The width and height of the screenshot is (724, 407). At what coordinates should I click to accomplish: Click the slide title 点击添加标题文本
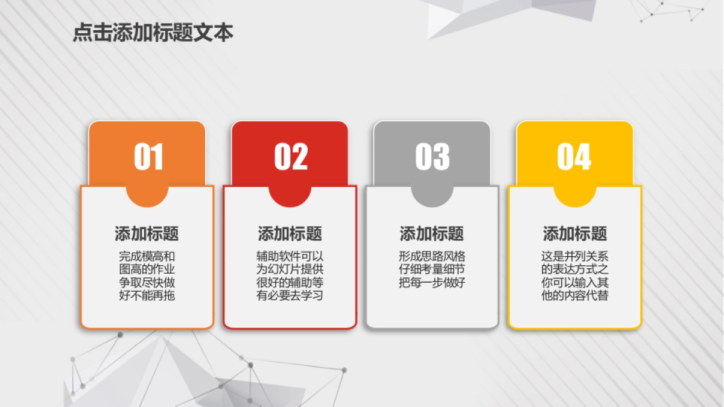click(153, 33)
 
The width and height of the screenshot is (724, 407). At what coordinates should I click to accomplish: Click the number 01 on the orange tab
click(148, 157)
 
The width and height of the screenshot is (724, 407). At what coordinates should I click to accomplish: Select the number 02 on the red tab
click(291, 157)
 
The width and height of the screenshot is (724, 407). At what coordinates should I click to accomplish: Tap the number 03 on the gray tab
click(433, 157)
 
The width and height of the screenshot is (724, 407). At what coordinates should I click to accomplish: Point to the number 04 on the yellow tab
click(574, 157)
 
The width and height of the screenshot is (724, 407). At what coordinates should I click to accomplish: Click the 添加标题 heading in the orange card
click(147, 234)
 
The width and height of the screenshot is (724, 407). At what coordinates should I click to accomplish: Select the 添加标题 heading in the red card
click(290, 234)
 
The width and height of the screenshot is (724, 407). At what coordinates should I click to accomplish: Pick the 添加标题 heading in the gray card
click(432, 234)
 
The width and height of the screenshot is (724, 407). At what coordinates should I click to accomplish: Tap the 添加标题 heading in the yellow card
click(575, 234)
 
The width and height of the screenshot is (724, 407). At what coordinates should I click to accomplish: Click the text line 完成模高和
click(147, 256)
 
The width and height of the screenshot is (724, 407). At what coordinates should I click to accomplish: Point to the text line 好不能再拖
click(147, 296)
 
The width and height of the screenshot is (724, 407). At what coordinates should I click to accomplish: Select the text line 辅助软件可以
click(290, 256)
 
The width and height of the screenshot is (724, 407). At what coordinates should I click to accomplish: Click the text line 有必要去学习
click(290, 296)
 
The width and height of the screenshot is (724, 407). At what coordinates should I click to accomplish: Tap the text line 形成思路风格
click(432, 256)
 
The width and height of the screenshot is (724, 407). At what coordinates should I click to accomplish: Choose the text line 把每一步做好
click(432, 283)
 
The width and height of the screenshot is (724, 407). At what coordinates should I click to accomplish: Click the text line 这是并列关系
click(575, 256)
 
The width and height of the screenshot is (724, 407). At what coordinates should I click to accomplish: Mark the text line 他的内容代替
click(575, 296)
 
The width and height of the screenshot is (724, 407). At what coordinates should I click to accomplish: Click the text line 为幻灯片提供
click(290, 270)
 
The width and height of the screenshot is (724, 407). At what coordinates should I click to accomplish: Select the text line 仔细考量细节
click(432, 270)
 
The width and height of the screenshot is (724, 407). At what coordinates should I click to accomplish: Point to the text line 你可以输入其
click(575, 283)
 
